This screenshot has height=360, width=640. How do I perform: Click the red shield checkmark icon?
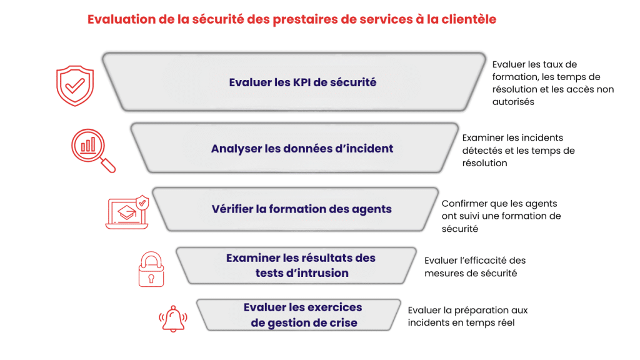75,86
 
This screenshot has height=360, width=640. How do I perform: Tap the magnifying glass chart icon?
92,149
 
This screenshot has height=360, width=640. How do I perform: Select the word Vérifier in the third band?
232,209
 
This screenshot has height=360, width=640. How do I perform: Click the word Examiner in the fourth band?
252,257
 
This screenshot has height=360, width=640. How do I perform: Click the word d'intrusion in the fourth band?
320,273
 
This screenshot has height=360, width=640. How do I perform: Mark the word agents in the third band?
372,209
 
